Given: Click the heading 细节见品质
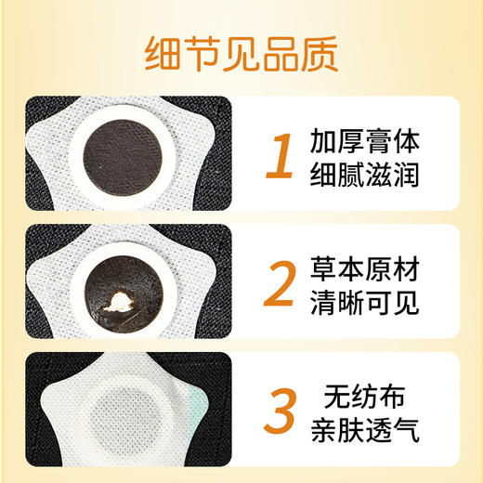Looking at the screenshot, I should pos(241,53).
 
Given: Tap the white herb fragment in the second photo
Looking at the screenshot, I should pos(124,299).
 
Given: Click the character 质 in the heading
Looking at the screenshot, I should pos(318,53).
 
